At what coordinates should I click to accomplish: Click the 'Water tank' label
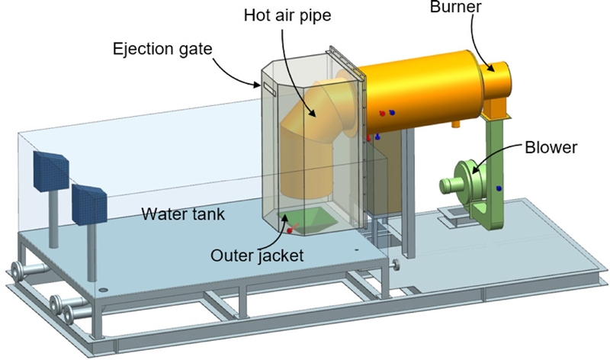coord(183,214)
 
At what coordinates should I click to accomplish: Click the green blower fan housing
coord(463,181)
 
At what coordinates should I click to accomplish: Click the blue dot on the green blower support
coord(498,187)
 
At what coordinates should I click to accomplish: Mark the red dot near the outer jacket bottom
coord(289,230)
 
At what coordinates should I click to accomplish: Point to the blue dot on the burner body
coord(392,112)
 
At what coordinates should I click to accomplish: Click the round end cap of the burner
coord(501,77)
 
